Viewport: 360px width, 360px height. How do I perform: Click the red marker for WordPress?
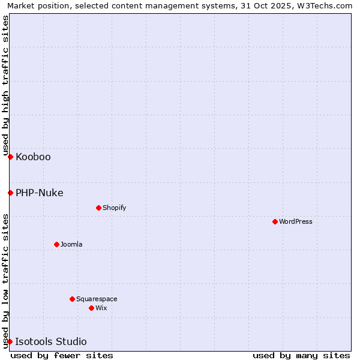[275, 221]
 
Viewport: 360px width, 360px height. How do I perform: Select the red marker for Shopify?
[98, 208]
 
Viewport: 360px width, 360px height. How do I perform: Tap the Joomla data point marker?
[56, 244]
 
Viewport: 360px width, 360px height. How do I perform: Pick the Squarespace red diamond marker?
[72, 299]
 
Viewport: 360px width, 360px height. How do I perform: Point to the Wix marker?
[91, 308]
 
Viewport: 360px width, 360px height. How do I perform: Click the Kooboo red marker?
[10, 157]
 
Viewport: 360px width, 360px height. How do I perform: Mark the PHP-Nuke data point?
[10, 193]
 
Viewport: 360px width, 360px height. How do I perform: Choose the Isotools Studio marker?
[10, 341]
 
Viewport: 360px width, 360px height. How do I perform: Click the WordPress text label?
[296, 221]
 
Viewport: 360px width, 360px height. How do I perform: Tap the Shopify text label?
[114, 208]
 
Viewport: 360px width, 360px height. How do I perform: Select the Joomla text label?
[71, 244]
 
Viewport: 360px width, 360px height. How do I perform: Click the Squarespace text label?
[97, 299]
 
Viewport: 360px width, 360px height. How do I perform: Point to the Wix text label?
[101, 308]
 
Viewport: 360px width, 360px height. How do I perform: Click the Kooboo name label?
[33, 157]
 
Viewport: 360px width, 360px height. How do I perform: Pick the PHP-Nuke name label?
[40, 193]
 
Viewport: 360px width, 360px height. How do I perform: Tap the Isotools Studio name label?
[51, 342]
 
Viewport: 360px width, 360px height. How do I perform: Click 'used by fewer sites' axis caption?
[62, 355]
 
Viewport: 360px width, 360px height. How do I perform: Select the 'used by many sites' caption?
[301, 355]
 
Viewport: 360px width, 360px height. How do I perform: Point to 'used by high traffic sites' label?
[5, 84]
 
